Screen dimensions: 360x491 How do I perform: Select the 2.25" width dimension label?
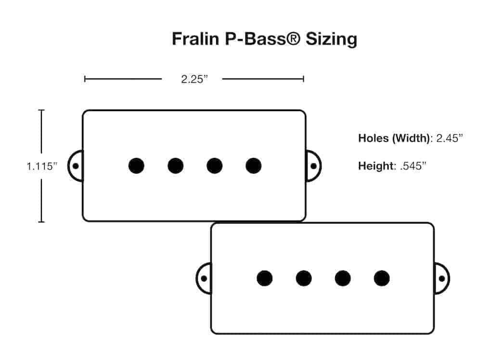[x=194, y=79]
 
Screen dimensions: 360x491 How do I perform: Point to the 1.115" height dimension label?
[x=42, y=167]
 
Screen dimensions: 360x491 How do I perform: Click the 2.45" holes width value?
[x=449, y=139]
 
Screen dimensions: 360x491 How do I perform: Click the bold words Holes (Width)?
[x=395, y=139]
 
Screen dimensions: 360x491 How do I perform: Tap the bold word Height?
[x=375, y=167]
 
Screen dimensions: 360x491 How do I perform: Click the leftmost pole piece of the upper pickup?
[x=136, y=166]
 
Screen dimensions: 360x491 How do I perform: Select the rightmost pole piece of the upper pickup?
[x=253, y=166]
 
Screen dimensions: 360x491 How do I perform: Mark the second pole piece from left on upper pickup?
[x=175, y=166]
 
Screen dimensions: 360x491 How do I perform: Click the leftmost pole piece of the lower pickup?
[x=264, y=278]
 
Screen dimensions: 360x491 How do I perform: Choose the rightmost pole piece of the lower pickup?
[x=381, y=278]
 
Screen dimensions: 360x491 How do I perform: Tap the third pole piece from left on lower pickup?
[x=342, y=278]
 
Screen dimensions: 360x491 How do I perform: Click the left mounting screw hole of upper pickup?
[x=75, y=166]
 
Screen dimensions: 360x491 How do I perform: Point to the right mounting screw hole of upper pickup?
[x=313, y=166]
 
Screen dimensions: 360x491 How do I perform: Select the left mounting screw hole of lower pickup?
[x=204, y=278]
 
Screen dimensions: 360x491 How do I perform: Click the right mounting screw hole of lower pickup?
[x=441, y=278]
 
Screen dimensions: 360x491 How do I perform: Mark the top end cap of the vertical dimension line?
[x=41, y=110]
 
